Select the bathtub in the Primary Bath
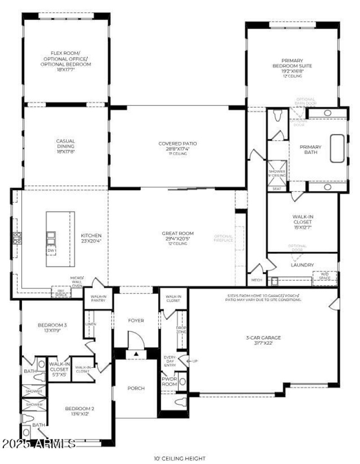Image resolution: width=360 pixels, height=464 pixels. (x=337, y=148)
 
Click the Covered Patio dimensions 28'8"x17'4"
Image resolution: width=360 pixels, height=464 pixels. (x=177, y=149)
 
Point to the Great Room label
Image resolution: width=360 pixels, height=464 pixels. (x=175, y=233)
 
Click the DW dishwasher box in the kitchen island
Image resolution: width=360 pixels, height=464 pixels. (x=51, y=250)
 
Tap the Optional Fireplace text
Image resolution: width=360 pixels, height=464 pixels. (x=223, y=239)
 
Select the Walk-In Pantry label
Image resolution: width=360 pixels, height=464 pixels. (x=98, y=298)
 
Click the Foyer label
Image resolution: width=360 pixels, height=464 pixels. (x=136, y=321)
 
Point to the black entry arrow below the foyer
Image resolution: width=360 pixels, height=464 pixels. (x=136, y=355)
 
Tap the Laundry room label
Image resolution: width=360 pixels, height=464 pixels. (x=302, y=265)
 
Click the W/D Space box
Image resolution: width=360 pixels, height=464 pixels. (x=324, y=276)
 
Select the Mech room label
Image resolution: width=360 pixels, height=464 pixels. (x=256, y=280)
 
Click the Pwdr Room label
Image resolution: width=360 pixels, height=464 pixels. (x=170, y=382)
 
